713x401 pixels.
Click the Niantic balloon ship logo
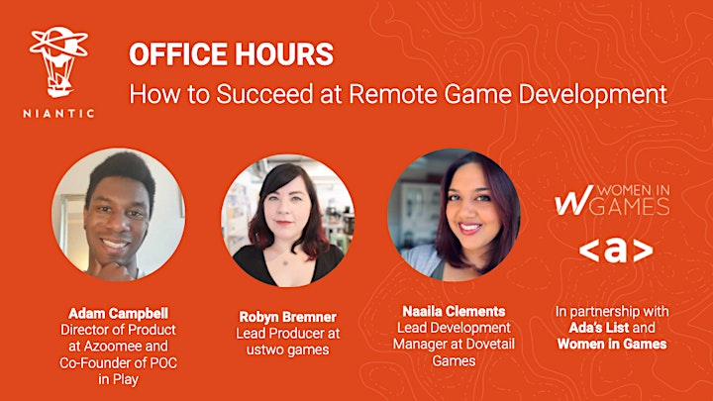pos(58,61)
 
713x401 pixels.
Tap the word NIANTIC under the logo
pos(58,113)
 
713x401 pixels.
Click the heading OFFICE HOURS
pos(231,54)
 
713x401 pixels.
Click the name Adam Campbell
pos(118,313)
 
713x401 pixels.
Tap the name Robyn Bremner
pos(288,317)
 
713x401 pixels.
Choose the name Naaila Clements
pos(454,311)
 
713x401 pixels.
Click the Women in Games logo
pos(612,200)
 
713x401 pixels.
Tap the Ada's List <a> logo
pos(616,251)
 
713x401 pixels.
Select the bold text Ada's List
pos(599,328)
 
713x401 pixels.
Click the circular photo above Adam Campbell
pos(118,215)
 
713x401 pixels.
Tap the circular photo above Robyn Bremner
pos(287,221)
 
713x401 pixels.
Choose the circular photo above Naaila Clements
pos(454,215)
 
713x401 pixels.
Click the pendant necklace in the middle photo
pos(285,262)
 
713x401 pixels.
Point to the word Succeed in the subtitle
pos(264,94)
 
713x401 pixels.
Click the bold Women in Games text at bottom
pos(612,344)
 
